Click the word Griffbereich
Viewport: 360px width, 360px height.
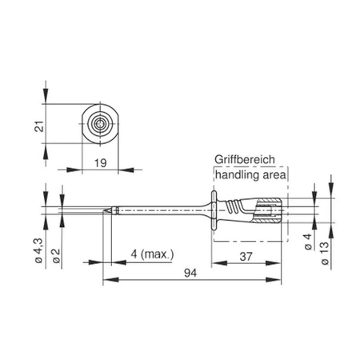[250, 159]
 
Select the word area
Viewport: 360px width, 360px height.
[275, 174]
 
